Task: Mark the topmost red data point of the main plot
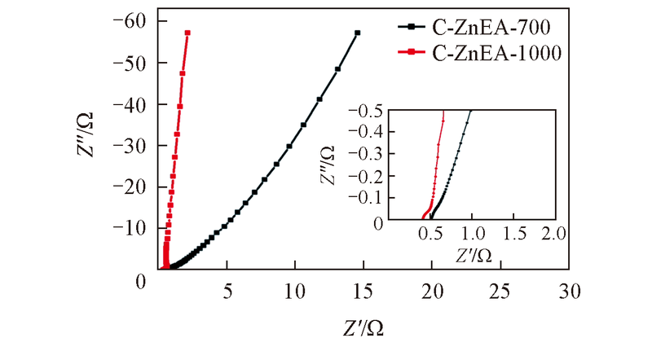(x=188, y=33)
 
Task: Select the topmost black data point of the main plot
(x=357, y=33)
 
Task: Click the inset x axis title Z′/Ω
(x=473, y=256)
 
